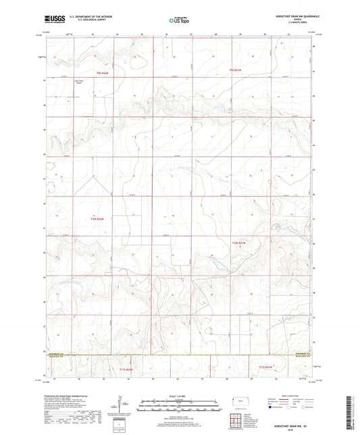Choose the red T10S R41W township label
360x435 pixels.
(240, 242)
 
